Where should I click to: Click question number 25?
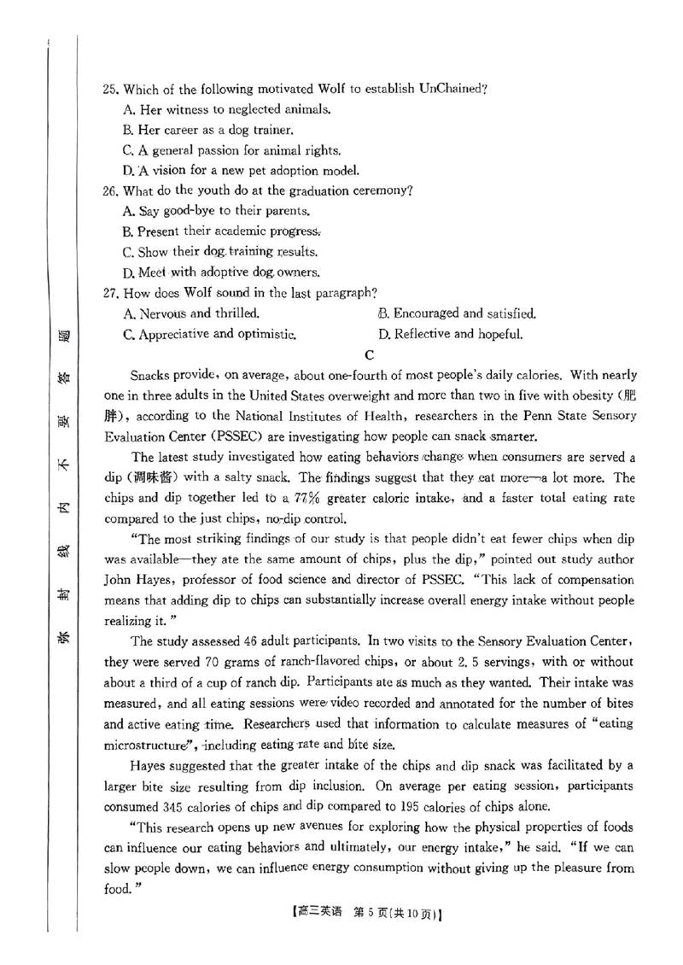click(x=109, y=89)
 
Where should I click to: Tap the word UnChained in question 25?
click(x=451, y=89)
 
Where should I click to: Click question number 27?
click(x=109, y=293)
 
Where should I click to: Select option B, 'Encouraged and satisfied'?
click(x=457, y=313)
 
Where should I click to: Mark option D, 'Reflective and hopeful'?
click(x=450, y=335)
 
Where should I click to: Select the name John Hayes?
click(x=133, y=581)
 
